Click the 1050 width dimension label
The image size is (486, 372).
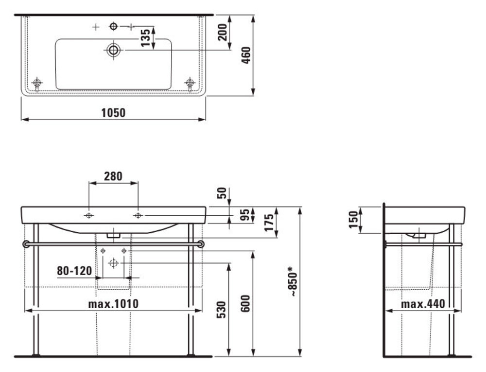tap(113, 112)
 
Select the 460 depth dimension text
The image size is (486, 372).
tap(246, 56)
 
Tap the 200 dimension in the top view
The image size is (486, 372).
tap(223, 32)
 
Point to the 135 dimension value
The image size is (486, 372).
tap(145, 37)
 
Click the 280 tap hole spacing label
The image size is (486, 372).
tap(113, 176)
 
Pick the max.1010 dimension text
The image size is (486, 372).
tap(113, 304)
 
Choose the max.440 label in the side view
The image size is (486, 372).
tap(423, 304)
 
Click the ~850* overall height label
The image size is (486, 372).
tap(294, 281)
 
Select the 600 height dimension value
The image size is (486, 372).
tap(245, 304)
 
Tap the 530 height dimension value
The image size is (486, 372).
tap(221, 309)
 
